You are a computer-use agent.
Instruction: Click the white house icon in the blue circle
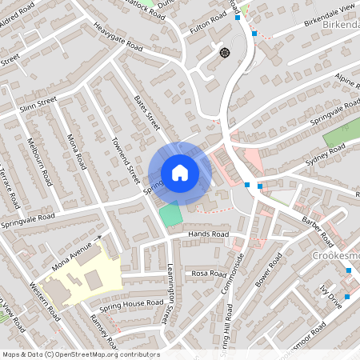point(180,173)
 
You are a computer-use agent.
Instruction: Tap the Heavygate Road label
point(117,49)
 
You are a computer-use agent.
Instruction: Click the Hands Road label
point(208,234)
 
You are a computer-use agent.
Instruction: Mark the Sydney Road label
point(324,156)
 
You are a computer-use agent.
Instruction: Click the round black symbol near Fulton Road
point(225,52)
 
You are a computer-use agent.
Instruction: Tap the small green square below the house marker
point(170,214)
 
